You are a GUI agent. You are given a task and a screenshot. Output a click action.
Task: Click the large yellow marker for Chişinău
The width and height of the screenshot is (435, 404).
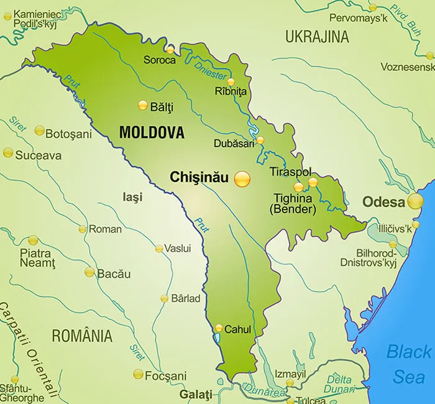click(242, 179)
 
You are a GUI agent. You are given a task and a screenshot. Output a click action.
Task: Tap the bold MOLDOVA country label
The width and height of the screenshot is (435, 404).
click(152, 132)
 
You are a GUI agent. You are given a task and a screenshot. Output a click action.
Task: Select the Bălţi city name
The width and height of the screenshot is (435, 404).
click(162, 107)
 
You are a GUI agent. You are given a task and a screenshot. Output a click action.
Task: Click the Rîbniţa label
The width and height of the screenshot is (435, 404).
click(231, 92)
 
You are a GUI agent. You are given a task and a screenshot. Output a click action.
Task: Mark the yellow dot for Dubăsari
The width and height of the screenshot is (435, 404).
click(260, 140)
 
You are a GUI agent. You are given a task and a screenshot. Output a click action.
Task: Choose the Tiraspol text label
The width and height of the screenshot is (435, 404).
click(290, 172)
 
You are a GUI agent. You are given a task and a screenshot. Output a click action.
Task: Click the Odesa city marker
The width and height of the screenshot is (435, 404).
click(415, 201)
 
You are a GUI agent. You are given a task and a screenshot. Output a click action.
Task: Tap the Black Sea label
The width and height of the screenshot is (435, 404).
click(408, 364)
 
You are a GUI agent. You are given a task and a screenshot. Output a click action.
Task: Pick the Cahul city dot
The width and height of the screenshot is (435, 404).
click(219, 328)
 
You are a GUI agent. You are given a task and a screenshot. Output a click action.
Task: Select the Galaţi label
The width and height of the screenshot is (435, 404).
click(195, 395)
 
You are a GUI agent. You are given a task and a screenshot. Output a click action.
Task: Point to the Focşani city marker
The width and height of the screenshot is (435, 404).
click(138, 374)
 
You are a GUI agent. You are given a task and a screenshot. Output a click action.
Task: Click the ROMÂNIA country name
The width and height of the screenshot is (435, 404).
click(82, 336)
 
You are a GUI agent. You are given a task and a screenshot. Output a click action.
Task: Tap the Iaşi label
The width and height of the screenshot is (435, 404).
click(132, 198)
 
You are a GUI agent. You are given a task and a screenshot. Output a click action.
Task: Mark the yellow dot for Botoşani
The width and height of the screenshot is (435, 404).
click(40, 131)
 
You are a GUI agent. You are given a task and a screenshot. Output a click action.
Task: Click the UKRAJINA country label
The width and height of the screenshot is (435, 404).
click(317, 37)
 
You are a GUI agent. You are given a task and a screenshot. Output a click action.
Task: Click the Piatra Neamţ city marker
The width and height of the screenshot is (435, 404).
click(33, 240)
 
